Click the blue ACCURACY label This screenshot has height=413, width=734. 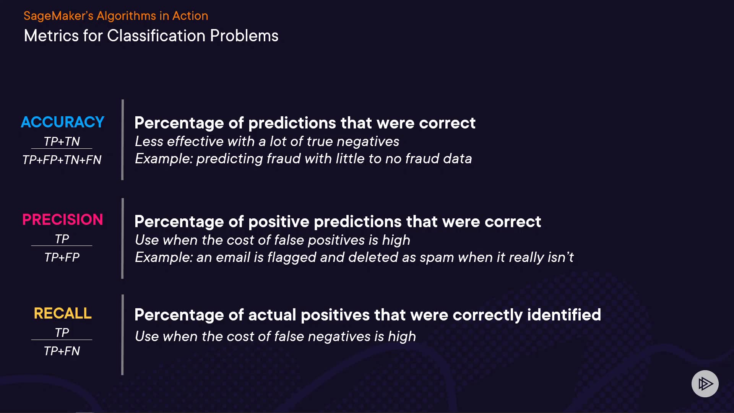coord(62,122)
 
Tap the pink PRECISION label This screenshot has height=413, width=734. coord(62,220)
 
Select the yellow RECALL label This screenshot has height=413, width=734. coord(62,313)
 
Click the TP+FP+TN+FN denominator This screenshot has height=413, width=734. coord(62,159)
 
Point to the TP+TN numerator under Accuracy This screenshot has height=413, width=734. coord(62,141)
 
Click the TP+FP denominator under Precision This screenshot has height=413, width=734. coord(62,257)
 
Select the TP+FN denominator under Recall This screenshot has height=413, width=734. coord(62,351)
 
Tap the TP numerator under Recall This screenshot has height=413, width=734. coord(62,332)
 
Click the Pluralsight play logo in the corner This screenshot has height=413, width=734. coord(705,384)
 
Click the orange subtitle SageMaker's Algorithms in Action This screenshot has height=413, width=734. coord(116,16)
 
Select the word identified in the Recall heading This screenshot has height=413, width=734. coord(564,315)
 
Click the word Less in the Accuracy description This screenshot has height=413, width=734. coord(149,141)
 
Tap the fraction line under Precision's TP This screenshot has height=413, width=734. coord(62,246)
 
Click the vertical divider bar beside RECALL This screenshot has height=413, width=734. coord(122,335)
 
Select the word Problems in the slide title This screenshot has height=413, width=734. coord(244,36)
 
